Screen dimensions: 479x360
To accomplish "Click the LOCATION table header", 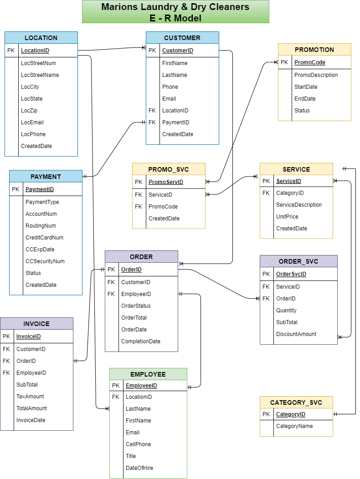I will tap(41, 38).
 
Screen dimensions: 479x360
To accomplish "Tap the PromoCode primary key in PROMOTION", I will tap(310, 62).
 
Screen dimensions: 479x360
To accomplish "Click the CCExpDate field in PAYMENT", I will tap(40, 250).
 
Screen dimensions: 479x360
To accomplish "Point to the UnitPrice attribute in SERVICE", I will tap(288, 217).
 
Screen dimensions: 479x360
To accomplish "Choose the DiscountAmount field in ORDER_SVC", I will tap(296, 334).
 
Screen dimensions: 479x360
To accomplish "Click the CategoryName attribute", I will tap(294, 426).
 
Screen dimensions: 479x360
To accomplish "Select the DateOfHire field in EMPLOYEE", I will tap(139, 468).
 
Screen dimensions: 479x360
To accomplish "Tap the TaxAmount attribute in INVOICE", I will tap(30, 397).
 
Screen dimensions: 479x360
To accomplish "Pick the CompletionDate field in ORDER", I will tap(141, 341).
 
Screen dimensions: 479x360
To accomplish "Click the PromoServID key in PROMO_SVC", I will tap(166, 182).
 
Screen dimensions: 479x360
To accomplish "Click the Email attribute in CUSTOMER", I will tap(169, 99).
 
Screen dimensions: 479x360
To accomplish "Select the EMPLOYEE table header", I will tap(148, 374).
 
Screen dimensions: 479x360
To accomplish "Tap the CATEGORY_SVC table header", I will tap(296, 403).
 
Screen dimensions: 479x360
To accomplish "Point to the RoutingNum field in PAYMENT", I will tap(41, 226).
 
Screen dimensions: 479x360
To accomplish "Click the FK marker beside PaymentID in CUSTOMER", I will tap(152, 122).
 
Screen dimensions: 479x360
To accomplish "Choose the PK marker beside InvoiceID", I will tap(6, 337).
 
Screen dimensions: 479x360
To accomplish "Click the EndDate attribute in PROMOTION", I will tap(305, 99).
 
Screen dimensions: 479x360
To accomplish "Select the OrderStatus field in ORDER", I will tap(136, 306).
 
